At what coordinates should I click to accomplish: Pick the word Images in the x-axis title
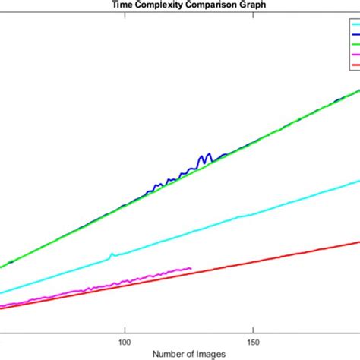(x=219, y=354)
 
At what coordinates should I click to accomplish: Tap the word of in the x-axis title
(x=193, y=354)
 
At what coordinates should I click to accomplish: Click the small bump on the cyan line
(x=112, y=254)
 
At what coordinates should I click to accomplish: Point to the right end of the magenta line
(x=191, y=267)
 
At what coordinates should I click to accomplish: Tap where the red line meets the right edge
(x=358, y=242)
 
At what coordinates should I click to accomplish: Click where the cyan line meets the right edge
(x=358, y=180)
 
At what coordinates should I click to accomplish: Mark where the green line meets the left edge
(x=2, y=267)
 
